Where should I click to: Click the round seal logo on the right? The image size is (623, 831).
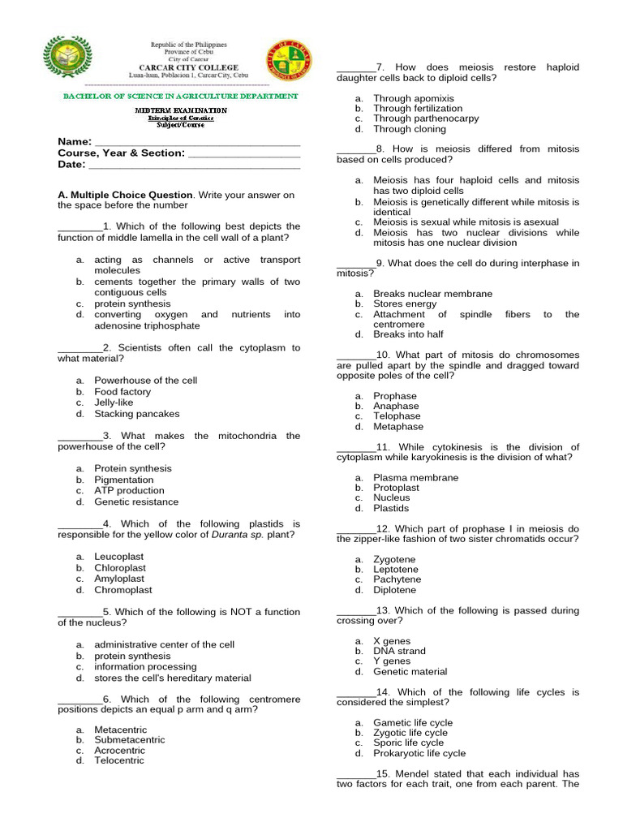coord(288,60)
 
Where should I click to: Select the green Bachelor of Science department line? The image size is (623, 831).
coord(181,96)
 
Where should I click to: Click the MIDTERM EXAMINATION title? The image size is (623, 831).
coord(181,110)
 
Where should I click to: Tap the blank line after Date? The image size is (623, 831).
coord(194,165)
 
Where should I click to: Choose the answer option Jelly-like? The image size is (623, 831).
coord(114,403)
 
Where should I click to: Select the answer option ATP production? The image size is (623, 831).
coord(129,491)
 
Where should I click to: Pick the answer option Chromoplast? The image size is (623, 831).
coord(122,590)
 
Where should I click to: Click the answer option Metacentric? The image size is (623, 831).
coord(120,730)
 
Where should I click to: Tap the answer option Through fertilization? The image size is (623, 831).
coord(418,108)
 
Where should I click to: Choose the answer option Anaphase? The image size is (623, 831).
coord(396,406)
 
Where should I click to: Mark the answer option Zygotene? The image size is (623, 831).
coord(394,559)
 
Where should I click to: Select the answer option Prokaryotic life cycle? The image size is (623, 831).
coord(419,753)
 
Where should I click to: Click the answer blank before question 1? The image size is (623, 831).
coord(80,227)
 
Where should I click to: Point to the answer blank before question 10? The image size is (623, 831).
coord(356,355)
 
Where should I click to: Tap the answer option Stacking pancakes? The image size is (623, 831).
coord(136,414)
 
